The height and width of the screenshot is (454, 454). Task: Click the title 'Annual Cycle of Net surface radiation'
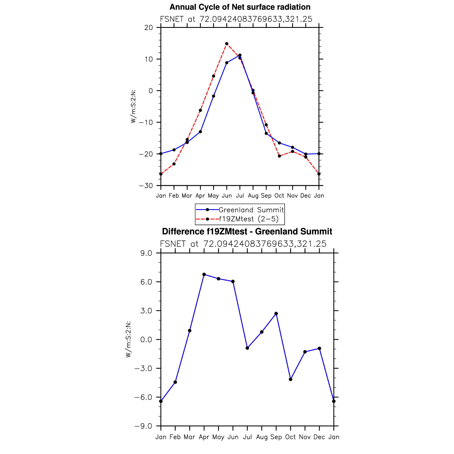[x=240, y=7]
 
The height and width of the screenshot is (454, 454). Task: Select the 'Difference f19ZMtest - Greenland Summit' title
[x=247, y=231]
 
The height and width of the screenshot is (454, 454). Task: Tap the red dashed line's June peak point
[x=227, y=44]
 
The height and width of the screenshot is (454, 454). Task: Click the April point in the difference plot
[x=204, y=274]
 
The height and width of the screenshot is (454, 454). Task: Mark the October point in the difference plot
[x=291, y=379]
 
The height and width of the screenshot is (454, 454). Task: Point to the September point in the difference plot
[x=276, y=314]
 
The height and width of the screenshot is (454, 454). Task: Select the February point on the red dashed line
[x=174, y=164]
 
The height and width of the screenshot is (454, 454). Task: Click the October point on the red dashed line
[x=279, y=156]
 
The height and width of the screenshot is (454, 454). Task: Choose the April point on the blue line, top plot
[x=200, y=132]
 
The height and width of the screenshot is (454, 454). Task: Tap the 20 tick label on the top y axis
[x=149, y=28]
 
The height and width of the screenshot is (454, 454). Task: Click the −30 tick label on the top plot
[x=147, y=186]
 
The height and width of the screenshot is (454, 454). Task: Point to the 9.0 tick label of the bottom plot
[x=147, y=253]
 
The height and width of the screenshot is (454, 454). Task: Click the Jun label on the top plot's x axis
[x=227, y=196]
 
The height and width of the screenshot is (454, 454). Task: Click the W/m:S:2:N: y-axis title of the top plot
[x=134, y=106]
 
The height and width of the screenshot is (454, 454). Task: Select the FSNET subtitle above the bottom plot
[x=243, y=244]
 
